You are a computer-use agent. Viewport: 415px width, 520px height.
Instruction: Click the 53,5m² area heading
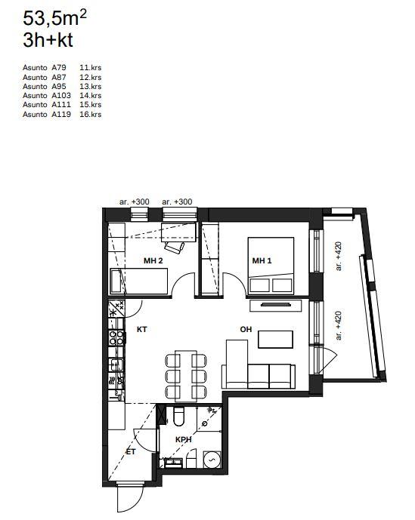(x=54, y=18)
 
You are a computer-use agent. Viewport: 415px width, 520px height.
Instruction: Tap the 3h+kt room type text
(x=48, y=41)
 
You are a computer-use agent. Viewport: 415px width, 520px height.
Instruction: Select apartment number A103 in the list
(x=61, y=96)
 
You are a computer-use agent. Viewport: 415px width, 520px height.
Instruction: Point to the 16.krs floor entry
(x=91, y=115)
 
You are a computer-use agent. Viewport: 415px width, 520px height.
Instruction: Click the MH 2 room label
(x=153, y=260)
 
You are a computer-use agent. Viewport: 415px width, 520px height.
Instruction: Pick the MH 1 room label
(x=262, y=260)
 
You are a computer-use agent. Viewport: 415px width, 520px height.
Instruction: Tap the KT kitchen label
(x=142, y=329)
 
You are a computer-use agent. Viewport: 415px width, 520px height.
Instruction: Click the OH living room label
(x=246, y=329)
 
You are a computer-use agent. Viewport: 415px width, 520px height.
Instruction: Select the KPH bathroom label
(x=184, y=440)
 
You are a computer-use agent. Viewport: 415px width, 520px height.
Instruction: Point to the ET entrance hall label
(x=131, y=451)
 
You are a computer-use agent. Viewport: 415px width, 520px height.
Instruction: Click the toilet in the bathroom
(x=178, y=416)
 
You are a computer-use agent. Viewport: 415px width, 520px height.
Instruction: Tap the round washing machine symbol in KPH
(x=212, y=460)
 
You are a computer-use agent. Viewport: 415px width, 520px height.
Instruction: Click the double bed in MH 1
(x=271, y=266)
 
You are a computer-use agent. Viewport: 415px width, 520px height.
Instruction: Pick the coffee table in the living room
(x=275, y=340)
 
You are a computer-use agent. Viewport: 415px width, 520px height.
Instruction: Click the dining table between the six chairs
(x=186, y=376)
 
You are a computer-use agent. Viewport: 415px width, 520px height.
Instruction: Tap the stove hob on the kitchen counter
(x=116, y=337)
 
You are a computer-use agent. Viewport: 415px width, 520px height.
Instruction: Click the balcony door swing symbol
(x=329, y=359)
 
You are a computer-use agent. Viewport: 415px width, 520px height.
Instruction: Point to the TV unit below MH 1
(x=275, y=306)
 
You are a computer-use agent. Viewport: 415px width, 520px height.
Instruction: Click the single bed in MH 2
(x=139, y=282)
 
